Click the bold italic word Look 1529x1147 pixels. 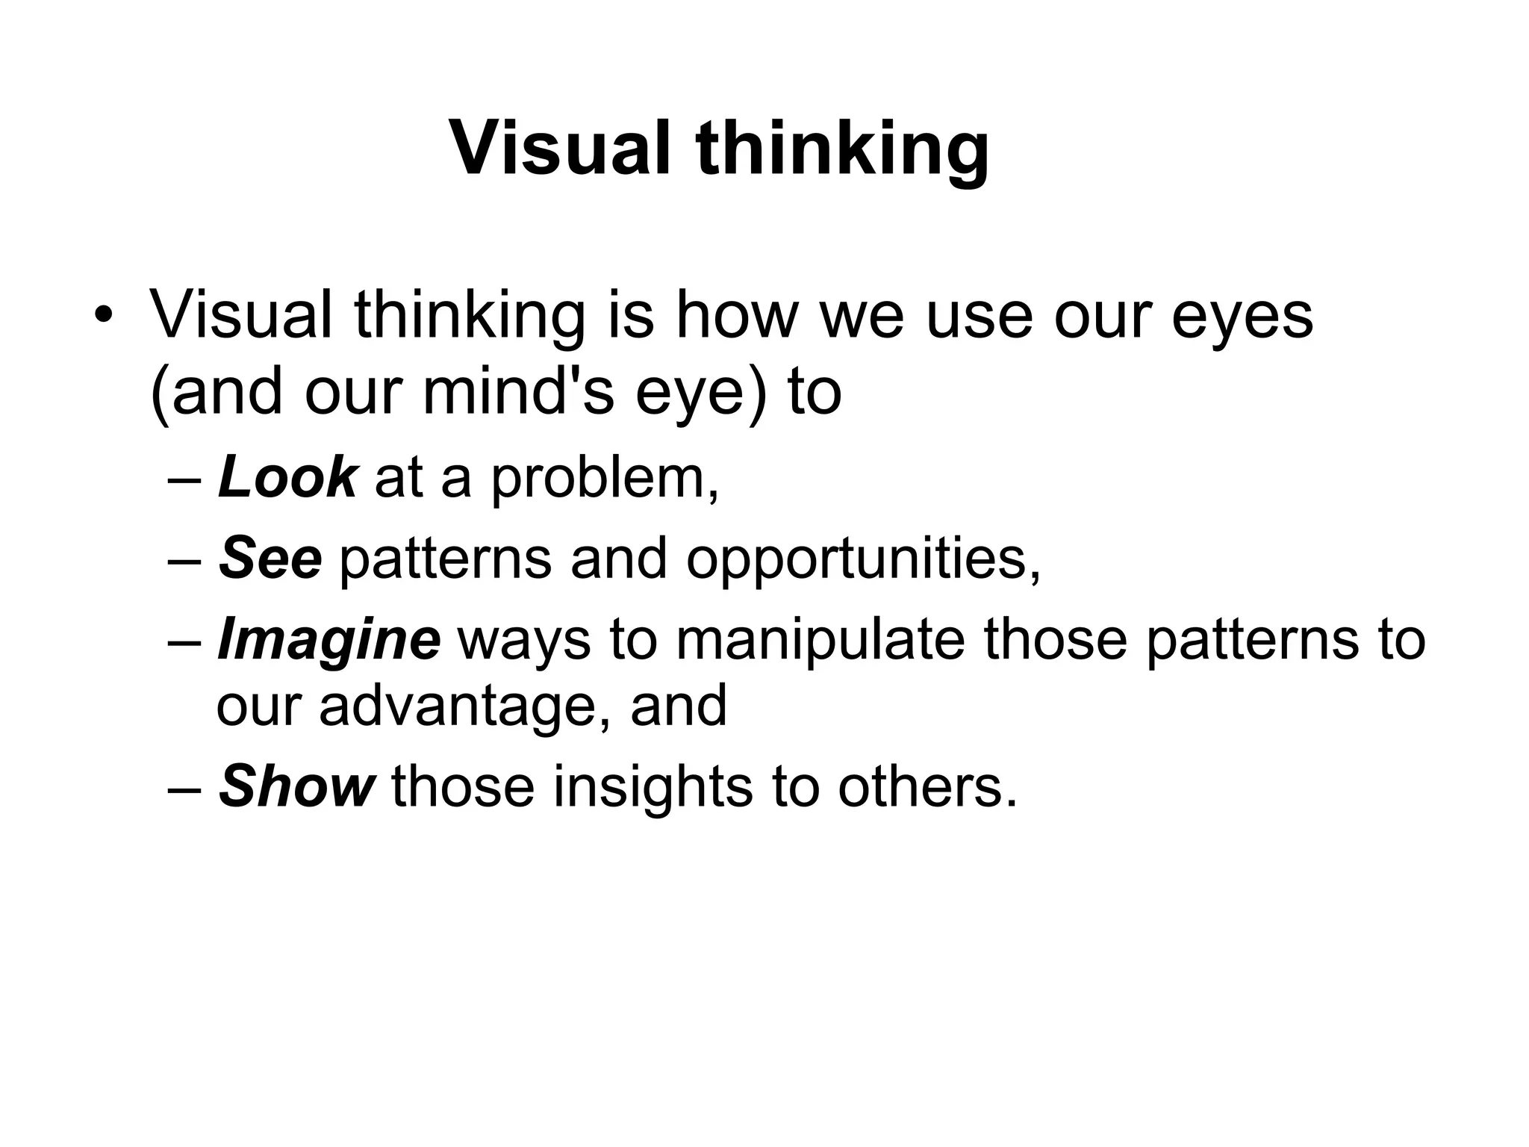287,477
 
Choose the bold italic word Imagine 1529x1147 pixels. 328,641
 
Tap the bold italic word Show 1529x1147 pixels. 296,786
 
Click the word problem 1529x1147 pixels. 604,479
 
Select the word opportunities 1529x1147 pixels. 862,560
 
